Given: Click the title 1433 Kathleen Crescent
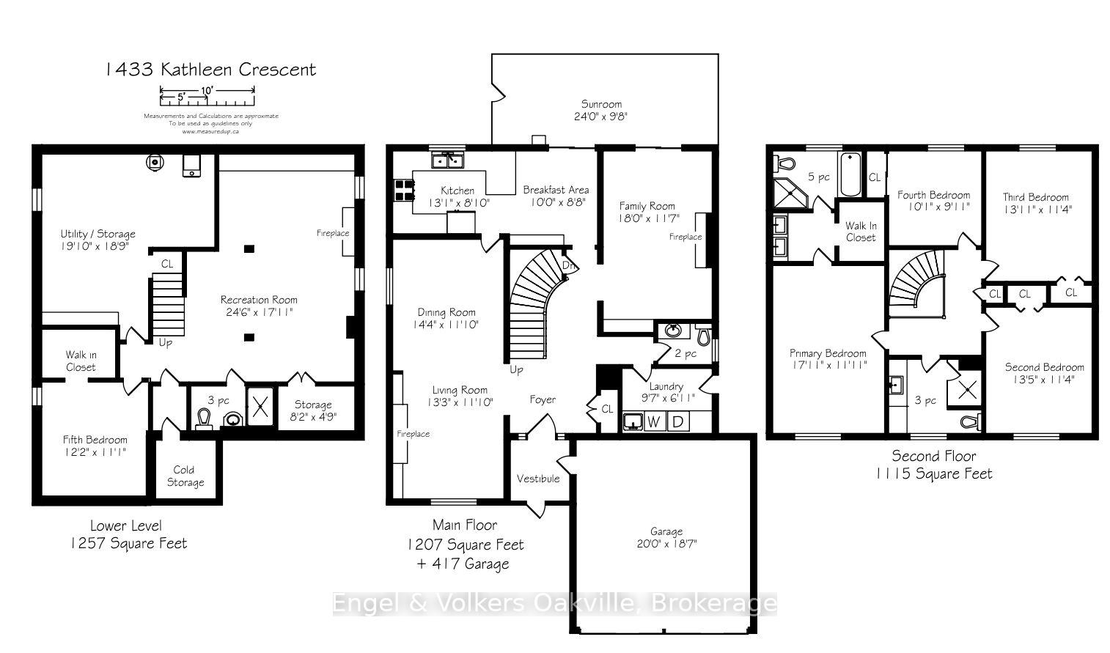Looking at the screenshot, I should (210, 70).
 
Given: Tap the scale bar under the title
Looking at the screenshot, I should (207, 92).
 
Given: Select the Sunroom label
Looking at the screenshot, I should (601, 104).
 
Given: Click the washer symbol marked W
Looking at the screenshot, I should (655, 421).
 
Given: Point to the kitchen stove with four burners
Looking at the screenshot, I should (404, 191).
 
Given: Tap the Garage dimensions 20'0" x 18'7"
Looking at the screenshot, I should (666, 544).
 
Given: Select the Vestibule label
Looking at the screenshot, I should (537, 479).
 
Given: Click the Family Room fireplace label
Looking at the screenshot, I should (685, 237).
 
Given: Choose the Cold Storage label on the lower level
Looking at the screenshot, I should (185, 476).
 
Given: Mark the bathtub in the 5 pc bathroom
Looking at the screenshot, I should (850, 174).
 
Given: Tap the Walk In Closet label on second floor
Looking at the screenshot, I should (860, 232).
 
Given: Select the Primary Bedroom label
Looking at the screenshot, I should (828, 353).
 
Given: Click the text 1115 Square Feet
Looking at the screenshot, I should (933, 474).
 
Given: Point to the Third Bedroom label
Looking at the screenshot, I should (1035, 196).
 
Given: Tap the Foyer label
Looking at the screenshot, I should (543, 399).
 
